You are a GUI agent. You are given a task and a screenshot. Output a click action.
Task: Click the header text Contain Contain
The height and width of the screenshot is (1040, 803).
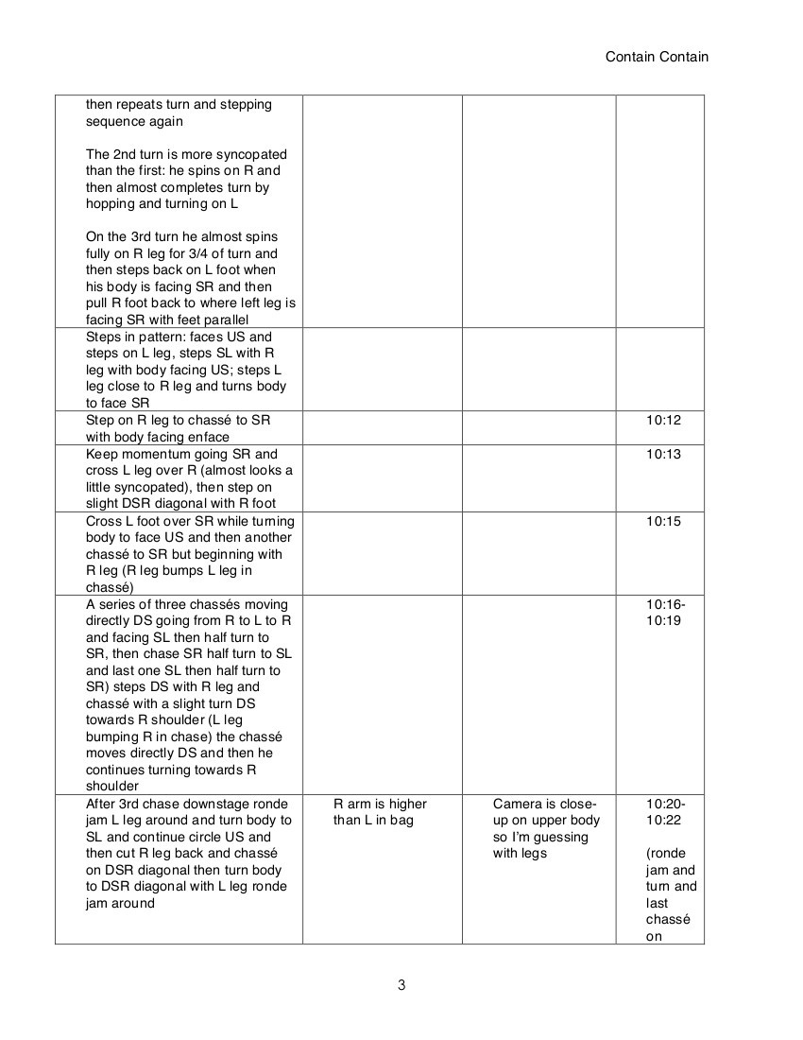click(657, 57)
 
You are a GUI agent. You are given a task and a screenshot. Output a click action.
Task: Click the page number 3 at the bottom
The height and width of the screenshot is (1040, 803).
click(401, 985)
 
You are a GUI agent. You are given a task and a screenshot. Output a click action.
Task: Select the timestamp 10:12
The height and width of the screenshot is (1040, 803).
click(663, 420)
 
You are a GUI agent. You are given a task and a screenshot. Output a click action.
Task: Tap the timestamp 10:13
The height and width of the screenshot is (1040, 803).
click(663, 454)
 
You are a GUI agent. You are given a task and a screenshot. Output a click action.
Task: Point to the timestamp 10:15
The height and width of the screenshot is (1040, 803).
click(663, 521)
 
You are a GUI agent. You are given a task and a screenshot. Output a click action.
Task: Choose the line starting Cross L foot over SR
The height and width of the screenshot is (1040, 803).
click(189, 521)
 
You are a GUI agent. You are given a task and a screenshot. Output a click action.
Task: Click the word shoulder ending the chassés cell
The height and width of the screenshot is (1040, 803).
click(112, 786)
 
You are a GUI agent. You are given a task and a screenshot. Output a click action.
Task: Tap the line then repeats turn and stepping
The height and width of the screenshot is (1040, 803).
click(179, 104)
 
